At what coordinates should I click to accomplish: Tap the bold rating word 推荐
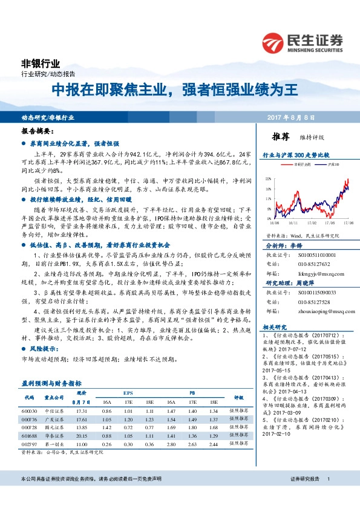(x=283, y=137)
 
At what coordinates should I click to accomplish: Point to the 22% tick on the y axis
(x=269, y=180)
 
